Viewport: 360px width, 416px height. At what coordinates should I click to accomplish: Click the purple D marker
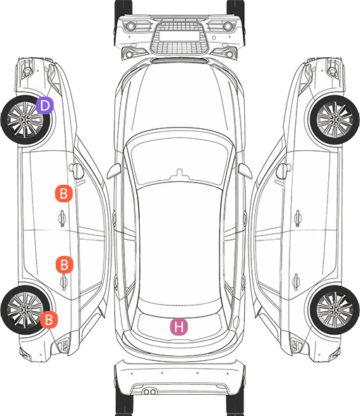44,105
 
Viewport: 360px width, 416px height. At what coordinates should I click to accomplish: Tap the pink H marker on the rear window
179,326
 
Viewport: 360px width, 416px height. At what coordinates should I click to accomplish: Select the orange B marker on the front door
64,193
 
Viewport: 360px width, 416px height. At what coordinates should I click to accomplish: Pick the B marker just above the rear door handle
64,264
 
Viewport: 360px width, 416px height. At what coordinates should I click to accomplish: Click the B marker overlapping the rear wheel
49,319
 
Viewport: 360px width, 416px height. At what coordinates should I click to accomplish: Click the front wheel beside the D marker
25,120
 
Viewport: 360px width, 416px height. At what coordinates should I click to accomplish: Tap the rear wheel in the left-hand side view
25,310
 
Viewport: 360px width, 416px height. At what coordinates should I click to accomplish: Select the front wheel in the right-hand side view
335,120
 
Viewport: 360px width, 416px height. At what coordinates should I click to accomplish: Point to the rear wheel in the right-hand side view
335,310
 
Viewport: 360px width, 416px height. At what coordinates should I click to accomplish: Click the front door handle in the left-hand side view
62,218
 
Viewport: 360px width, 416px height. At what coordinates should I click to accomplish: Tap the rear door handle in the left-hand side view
64,282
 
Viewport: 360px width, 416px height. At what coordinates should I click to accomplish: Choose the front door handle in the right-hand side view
298,218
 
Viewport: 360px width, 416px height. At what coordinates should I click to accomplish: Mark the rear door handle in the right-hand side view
296,282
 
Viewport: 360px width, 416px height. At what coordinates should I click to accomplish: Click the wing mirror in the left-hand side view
76,171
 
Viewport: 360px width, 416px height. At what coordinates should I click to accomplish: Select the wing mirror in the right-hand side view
284,171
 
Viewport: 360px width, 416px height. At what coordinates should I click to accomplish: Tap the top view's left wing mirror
114,171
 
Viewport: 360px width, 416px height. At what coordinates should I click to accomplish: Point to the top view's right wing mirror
245,171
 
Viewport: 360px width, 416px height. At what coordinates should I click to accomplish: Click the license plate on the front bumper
179,35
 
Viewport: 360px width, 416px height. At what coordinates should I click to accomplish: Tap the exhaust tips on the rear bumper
150,391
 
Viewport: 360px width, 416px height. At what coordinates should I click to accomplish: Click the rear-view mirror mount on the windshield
179,173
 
